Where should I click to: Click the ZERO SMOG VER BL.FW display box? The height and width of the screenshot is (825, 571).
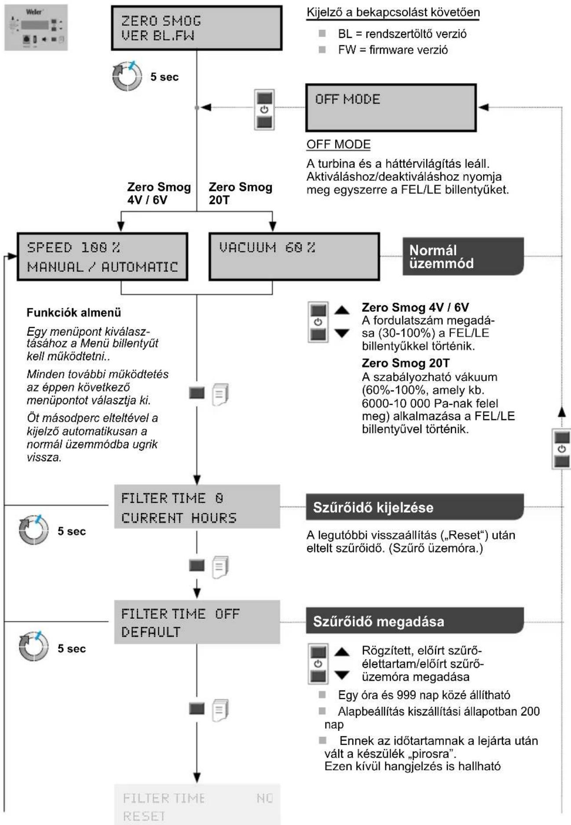click(196, 28)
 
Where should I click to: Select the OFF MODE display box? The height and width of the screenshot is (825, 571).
click(391, 108)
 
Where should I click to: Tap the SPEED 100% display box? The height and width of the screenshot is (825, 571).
click(102, 257)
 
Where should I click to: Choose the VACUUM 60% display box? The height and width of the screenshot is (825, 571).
click(294, 257)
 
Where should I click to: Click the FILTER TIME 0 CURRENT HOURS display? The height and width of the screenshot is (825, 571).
click(197, 507)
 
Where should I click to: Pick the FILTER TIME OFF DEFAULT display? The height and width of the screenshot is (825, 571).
click(197, 622)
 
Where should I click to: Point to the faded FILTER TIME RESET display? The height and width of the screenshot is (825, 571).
click(197, 805)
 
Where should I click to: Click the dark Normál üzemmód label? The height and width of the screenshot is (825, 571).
click(463, 256)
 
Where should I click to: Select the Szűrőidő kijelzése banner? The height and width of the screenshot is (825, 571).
click(414, 507)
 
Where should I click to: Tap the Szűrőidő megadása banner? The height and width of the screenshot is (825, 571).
click(414, 621)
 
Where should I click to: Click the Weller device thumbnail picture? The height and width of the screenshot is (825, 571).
click(36, 27)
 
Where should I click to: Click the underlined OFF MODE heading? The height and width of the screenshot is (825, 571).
click(338, 145)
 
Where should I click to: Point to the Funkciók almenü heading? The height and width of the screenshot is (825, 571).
click(74, 313)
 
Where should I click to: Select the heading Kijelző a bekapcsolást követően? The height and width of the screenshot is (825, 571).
click(393, 12)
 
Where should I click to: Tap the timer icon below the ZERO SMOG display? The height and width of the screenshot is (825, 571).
click(128, 76)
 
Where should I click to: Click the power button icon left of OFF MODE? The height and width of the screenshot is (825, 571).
click(264, 110)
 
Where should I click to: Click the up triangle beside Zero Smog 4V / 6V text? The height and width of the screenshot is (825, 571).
click(342, 310)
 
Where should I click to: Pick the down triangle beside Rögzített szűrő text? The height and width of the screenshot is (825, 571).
click(342, 675)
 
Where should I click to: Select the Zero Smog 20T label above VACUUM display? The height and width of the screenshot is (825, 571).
click(241, 193)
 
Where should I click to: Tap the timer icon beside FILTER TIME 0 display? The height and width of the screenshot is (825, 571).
click(33, 530)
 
